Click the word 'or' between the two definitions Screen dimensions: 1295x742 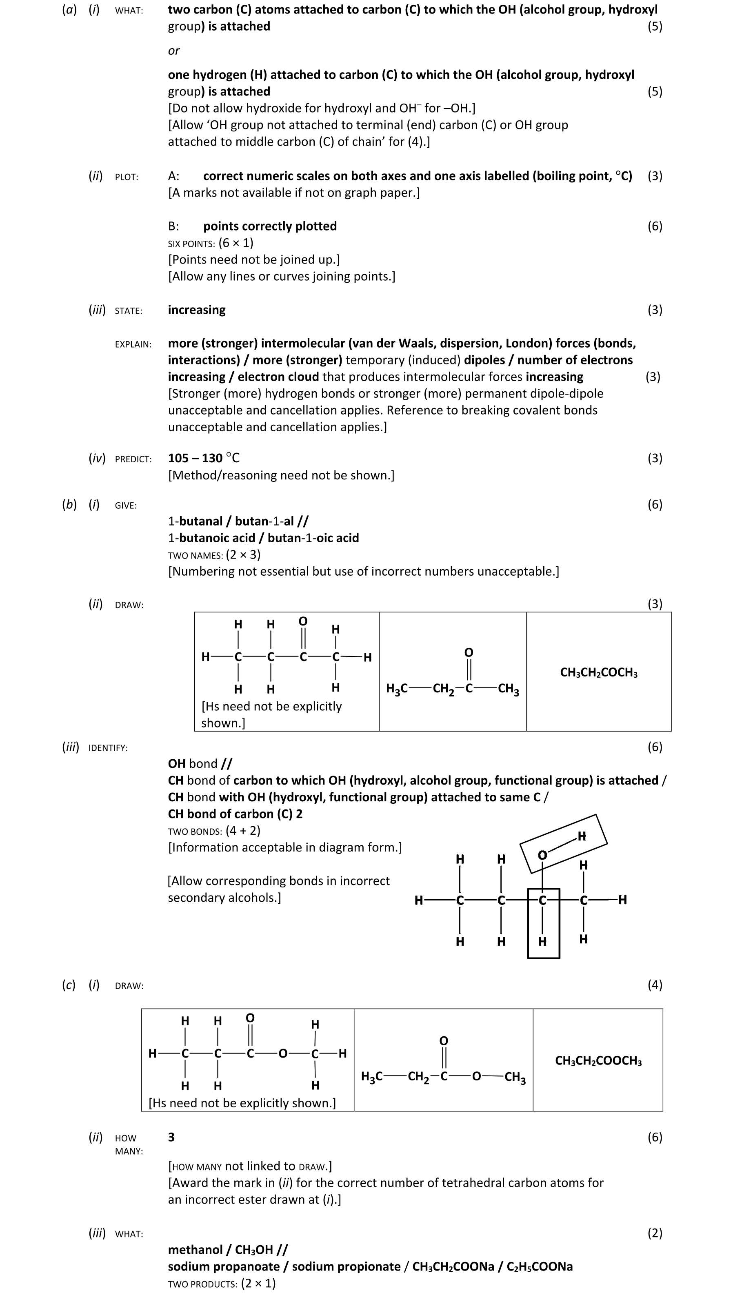174,51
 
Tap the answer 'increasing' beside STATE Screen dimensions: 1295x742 197,310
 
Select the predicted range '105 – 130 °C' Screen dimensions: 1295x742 203,458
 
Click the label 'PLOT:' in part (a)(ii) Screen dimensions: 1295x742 127,177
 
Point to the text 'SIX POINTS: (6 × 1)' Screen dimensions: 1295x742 211,243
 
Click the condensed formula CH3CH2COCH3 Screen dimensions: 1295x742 599,672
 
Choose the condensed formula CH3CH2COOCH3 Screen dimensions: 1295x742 598,1061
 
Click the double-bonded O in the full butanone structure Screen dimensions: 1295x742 303,621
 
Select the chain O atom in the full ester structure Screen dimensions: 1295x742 283,1053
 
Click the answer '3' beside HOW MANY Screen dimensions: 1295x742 171,1137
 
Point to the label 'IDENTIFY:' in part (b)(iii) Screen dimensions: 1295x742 108,748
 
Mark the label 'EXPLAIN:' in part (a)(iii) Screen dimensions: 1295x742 133,344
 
